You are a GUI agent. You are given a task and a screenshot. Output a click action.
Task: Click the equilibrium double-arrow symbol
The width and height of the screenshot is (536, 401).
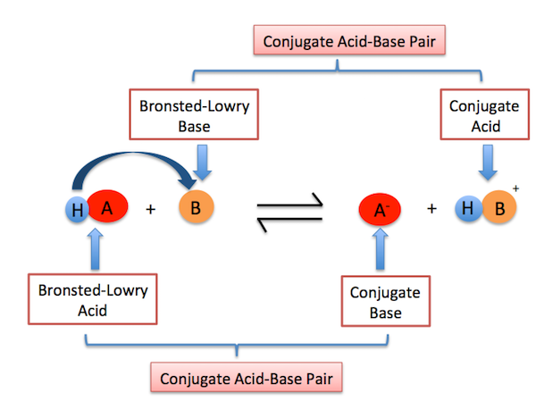(x=286, y=212)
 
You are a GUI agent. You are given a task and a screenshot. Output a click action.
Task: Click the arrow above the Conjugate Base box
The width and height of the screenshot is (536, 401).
(x=380, y=252)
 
